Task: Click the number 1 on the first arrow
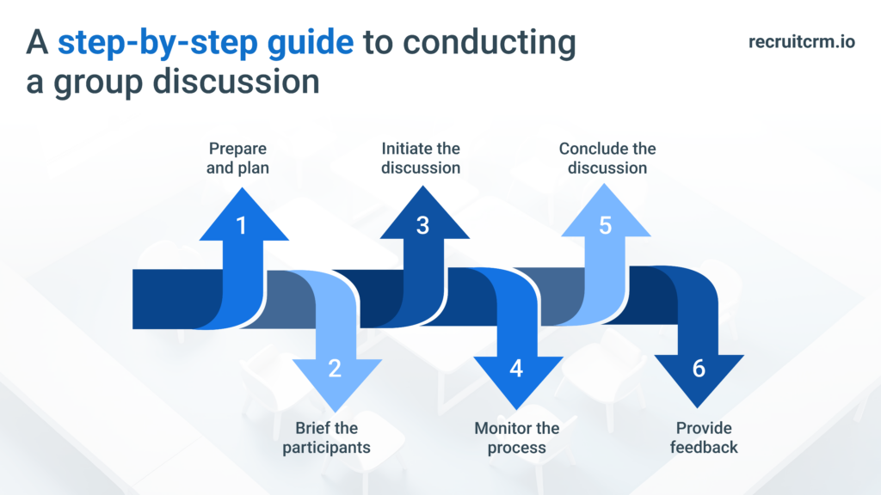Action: [241, 226]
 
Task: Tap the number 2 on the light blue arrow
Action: [335, 369]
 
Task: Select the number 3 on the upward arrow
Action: [422, 226]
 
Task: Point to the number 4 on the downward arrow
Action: [516, 369]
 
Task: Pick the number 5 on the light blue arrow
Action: [605, 226]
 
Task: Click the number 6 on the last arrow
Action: [698, 369]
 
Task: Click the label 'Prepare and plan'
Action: [237, 158]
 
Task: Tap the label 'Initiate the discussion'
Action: [421, 158]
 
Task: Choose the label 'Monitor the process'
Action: [516, 437]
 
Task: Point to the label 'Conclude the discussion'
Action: [607, 158]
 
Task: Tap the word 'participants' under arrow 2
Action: [326, 447]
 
